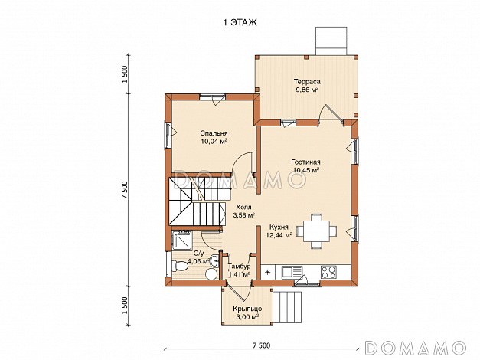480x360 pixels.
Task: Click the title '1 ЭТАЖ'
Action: tap(240, 22)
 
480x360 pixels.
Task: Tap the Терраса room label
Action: tap(307, 81)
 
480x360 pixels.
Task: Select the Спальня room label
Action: tap(214, 133)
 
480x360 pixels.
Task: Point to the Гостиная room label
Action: tap(305, 162)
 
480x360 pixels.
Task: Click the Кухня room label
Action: tap(279, 227)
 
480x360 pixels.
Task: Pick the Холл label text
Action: tap(243, 207)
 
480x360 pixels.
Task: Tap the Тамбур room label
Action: tap(240, 266)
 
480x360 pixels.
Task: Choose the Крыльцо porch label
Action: tap(247, 309)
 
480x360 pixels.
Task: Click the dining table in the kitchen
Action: tap(316, 231)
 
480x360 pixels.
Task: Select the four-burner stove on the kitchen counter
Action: tap(328, 272)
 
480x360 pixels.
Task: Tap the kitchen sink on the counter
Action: tap(292, 272)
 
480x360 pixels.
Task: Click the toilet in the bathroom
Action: tap(180, 266)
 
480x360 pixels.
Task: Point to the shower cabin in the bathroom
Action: tap(182, 239)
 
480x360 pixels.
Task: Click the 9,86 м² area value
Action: tap(307, 90)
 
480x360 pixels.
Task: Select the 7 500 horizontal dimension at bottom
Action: tap(262, 345)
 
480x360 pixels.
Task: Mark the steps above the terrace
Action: tap(331, 41)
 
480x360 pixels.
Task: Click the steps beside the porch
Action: tap(287, 307)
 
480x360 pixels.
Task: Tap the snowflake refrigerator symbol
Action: tap(268, 272)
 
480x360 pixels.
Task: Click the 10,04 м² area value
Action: tap(214, 141)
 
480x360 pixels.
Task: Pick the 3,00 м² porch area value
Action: tap(247, 317)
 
